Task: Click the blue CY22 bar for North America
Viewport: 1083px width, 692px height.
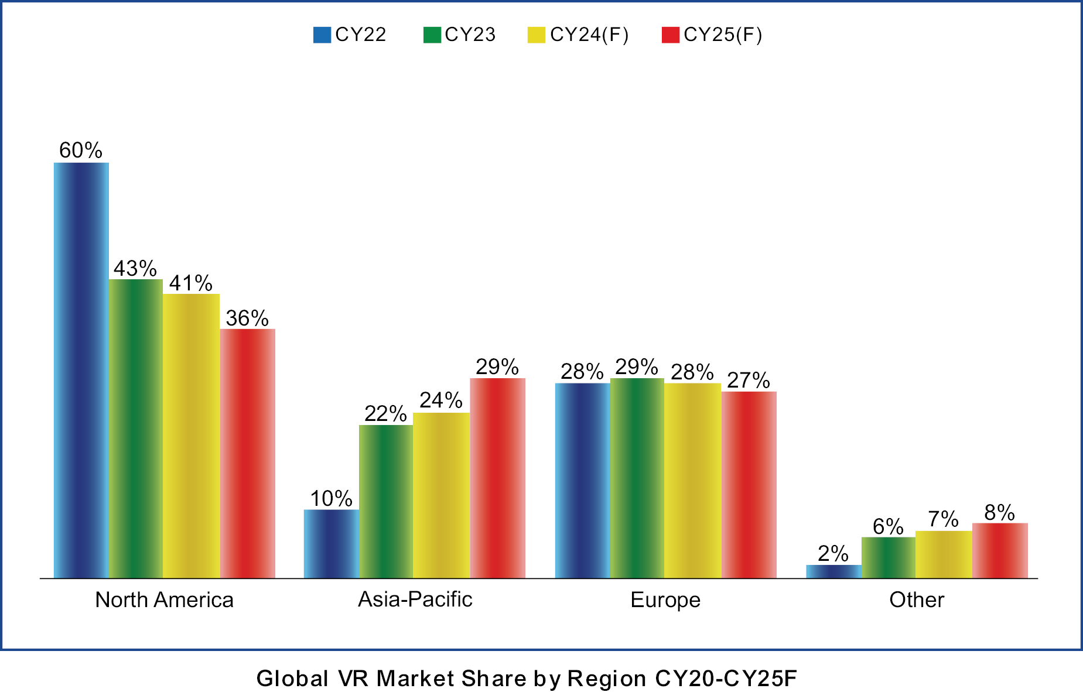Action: coord(81,370)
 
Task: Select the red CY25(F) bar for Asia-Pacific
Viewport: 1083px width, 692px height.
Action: coord(497,478)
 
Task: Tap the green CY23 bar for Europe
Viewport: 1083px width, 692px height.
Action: coord(637,478)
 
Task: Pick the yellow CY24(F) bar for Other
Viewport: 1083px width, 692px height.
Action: coord(943,554)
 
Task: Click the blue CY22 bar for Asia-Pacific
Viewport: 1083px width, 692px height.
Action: coord(331,543)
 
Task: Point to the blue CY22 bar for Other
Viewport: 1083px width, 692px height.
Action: coord(833,571)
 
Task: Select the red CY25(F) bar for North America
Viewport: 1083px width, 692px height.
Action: coord(247,453)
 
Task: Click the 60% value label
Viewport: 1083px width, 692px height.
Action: coord(81,150)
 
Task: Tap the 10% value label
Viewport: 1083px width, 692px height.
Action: coord(331,499)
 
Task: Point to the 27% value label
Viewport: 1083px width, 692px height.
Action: coord(748,380)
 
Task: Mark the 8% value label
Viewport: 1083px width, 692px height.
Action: coord(999,512)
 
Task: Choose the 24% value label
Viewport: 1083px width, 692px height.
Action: coord(441,400)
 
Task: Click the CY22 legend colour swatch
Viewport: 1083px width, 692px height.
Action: coord(322,35)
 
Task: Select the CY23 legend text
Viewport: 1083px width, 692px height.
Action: coord(470,35)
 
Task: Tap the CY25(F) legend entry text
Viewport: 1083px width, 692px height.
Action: coord(723,35)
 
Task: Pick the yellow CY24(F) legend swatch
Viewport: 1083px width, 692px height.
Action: coord(536,35)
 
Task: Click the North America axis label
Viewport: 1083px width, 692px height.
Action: coord(164,599)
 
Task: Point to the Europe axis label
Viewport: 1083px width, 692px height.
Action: coord(665,600)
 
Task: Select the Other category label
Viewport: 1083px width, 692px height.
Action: coord(917,599)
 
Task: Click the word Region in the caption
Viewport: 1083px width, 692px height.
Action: coord(607,679)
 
